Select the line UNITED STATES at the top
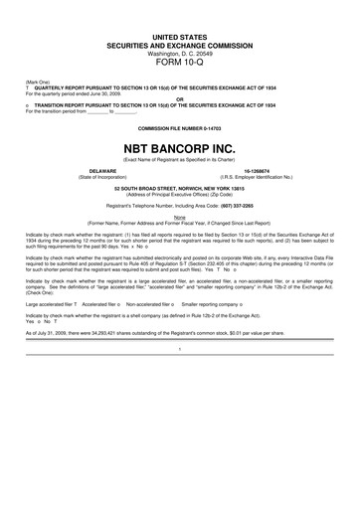pos(180,35)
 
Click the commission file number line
pos(180,130)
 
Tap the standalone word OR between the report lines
pos(180,98)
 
